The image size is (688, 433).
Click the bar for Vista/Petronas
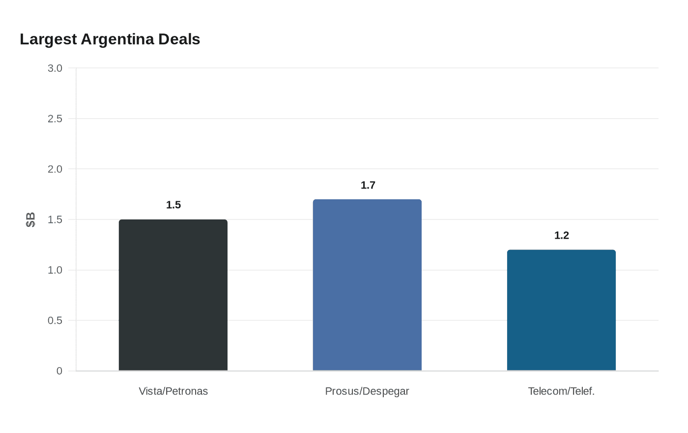(173, 295)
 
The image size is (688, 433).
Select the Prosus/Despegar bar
(367, 285)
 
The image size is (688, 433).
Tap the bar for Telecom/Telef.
(561, 310)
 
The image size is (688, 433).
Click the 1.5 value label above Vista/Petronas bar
(173, 205)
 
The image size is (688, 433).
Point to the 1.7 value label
(368, 186)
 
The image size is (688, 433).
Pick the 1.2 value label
(562, 236)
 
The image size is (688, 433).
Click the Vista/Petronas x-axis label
(173, 391)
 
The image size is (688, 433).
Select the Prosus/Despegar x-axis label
(367, 391)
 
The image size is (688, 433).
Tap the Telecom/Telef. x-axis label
(561, 391)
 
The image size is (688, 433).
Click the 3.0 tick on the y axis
(55, 68)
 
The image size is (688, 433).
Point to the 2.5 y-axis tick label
(55, 119)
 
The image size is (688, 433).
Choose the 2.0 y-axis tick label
(55, 169)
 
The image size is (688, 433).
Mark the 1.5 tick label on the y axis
(55, 219)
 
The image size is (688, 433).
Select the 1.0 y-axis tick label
(55, 270)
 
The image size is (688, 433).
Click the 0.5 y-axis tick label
(55, 320)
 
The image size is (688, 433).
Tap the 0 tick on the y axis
(59, 371)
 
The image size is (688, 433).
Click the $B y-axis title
(30, 219)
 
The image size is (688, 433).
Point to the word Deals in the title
(179, 39)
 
